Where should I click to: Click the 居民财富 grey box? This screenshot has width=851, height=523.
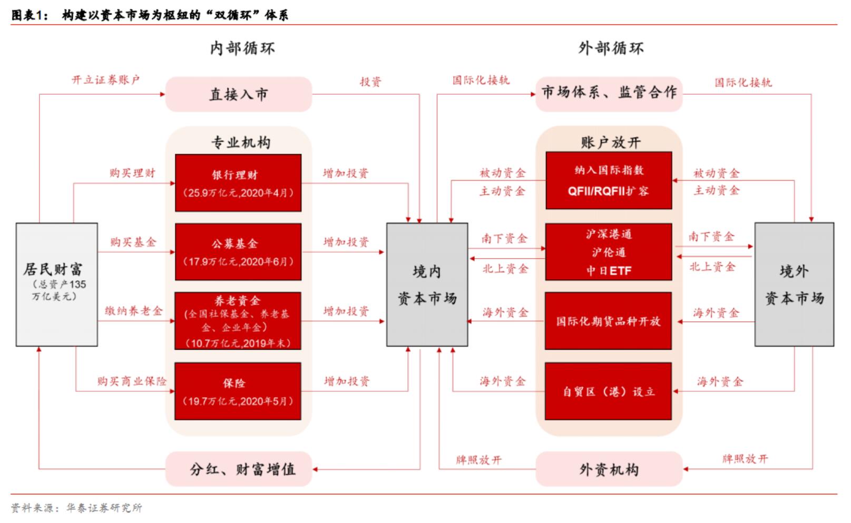56,284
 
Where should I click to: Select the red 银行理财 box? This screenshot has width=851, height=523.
238,183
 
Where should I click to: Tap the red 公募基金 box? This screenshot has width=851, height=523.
238,252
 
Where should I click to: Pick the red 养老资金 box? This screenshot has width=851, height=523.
238,321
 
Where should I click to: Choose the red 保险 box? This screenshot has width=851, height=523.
238,391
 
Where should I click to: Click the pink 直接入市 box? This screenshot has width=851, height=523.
239,94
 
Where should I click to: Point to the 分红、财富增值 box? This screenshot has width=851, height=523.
239,469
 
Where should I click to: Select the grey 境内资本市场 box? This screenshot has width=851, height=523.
427,284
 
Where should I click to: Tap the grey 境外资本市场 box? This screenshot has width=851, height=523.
794,284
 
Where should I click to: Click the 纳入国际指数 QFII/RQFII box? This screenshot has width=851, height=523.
609,180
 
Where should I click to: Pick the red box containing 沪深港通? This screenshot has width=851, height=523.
609,252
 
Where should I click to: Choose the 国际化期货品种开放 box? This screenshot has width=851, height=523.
609,321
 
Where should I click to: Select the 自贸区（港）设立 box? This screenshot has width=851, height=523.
609,391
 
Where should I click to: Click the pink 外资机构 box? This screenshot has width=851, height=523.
609,469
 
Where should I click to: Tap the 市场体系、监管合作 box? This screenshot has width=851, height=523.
609,93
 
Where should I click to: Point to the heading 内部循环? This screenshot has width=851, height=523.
242,48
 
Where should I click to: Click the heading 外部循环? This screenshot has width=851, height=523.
611,48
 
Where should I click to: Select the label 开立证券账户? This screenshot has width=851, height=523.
105,80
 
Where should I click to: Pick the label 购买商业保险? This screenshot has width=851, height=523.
132,381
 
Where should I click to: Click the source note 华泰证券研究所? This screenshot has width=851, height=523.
104,508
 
